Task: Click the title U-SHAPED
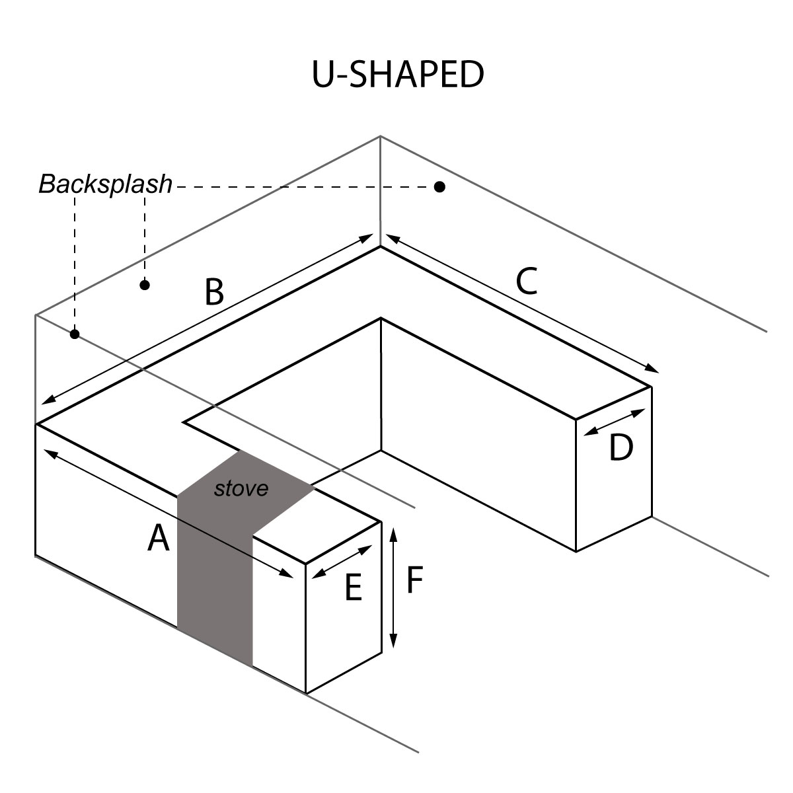tap(398, 75)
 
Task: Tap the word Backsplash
tap(105, 184)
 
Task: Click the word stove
tap(242, 488)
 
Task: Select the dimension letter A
tap(158, 537)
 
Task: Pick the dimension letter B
tap(213, 292)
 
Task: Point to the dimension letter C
tap(527, 281)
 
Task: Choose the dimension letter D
tap(621, 449)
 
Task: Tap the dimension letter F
tap(414, 580)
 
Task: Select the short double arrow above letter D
tap(615, 422)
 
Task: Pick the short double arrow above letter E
tap(342, 562)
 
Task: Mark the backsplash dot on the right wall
tap(439, 187)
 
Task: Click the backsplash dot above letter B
tap(145, 285)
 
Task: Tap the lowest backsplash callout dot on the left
tap(75, 334)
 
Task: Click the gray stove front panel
tap(215, 582)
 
